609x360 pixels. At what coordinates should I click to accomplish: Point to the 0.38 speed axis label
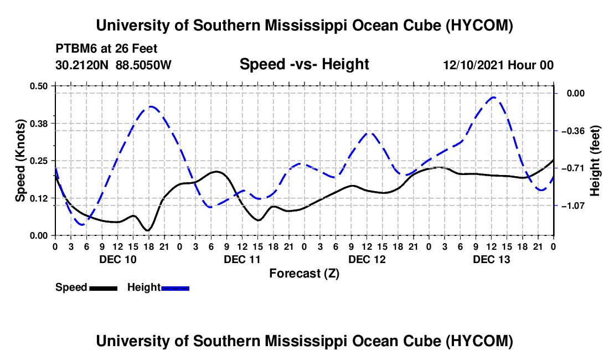(38, 124)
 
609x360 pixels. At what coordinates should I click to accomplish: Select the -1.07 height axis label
(572, 205)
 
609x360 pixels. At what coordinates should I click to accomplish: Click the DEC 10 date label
(118, 259)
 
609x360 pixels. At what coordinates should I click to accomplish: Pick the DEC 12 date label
(367, 259)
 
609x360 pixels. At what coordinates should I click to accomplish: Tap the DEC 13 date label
(491, 259)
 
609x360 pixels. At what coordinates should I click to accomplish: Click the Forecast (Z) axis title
(304, 274)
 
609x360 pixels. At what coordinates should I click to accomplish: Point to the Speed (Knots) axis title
(20, 161)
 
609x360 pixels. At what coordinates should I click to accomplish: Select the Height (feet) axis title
(595, 161)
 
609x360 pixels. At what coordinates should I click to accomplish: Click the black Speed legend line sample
(104, 289)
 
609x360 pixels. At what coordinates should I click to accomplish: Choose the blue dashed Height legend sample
(175, 289)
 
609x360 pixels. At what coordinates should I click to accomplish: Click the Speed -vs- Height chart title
(304, 64)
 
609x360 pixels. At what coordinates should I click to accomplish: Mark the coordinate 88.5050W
(143, 65)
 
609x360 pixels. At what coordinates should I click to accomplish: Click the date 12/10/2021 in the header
(473, 65)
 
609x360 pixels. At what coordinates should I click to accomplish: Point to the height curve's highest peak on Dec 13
(493, 97)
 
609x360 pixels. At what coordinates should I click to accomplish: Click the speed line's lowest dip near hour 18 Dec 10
(148, 231)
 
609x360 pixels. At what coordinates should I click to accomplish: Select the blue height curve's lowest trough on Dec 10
(82, 225)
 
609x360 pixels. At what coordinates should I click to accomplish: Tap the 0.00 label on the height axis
(575, 94)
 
